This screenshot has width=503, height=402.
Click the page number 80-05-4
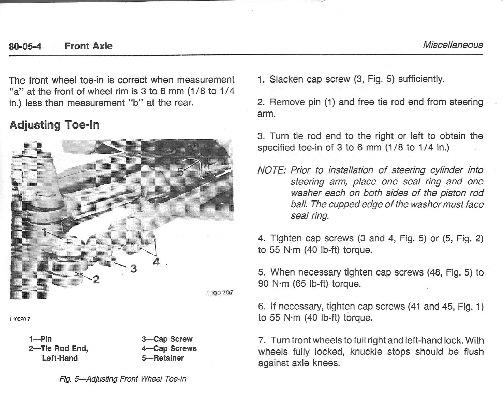coord(25,46)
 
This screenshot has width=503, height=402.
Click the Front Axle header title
coord(88,46)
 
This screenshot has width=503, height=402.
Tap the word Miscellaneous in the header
coord(453,45)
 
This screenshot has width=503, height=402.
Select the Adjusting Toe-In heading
coord(54,125)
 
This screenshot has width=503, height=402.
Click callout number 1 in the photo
coord(44,232)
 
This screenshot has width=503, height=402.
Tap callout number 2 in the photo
coord(96,280)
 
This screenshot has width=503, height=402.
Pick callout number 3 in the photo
coord(133,269)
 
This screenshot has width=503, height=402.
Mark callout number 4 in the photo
coord(156,262)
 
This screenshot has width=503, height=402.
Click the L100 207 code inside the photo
coord(220,293)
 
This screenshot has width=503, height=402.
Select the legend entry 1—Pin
coord(40,339)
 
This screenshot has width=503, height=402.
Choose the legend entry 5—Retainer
coord(163,358)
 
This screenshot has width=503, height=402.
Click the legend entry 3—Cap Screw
coord(167,339)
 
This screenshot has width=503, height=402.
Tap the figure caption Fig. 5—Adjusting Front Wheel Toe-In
coord(123,379)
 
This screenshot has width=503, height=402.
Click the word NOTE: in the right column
coord(271,170)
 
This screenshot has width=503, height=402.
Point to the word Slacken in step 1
coord(286,79)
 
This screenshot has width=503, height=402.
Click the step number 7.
coord(262,340)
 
